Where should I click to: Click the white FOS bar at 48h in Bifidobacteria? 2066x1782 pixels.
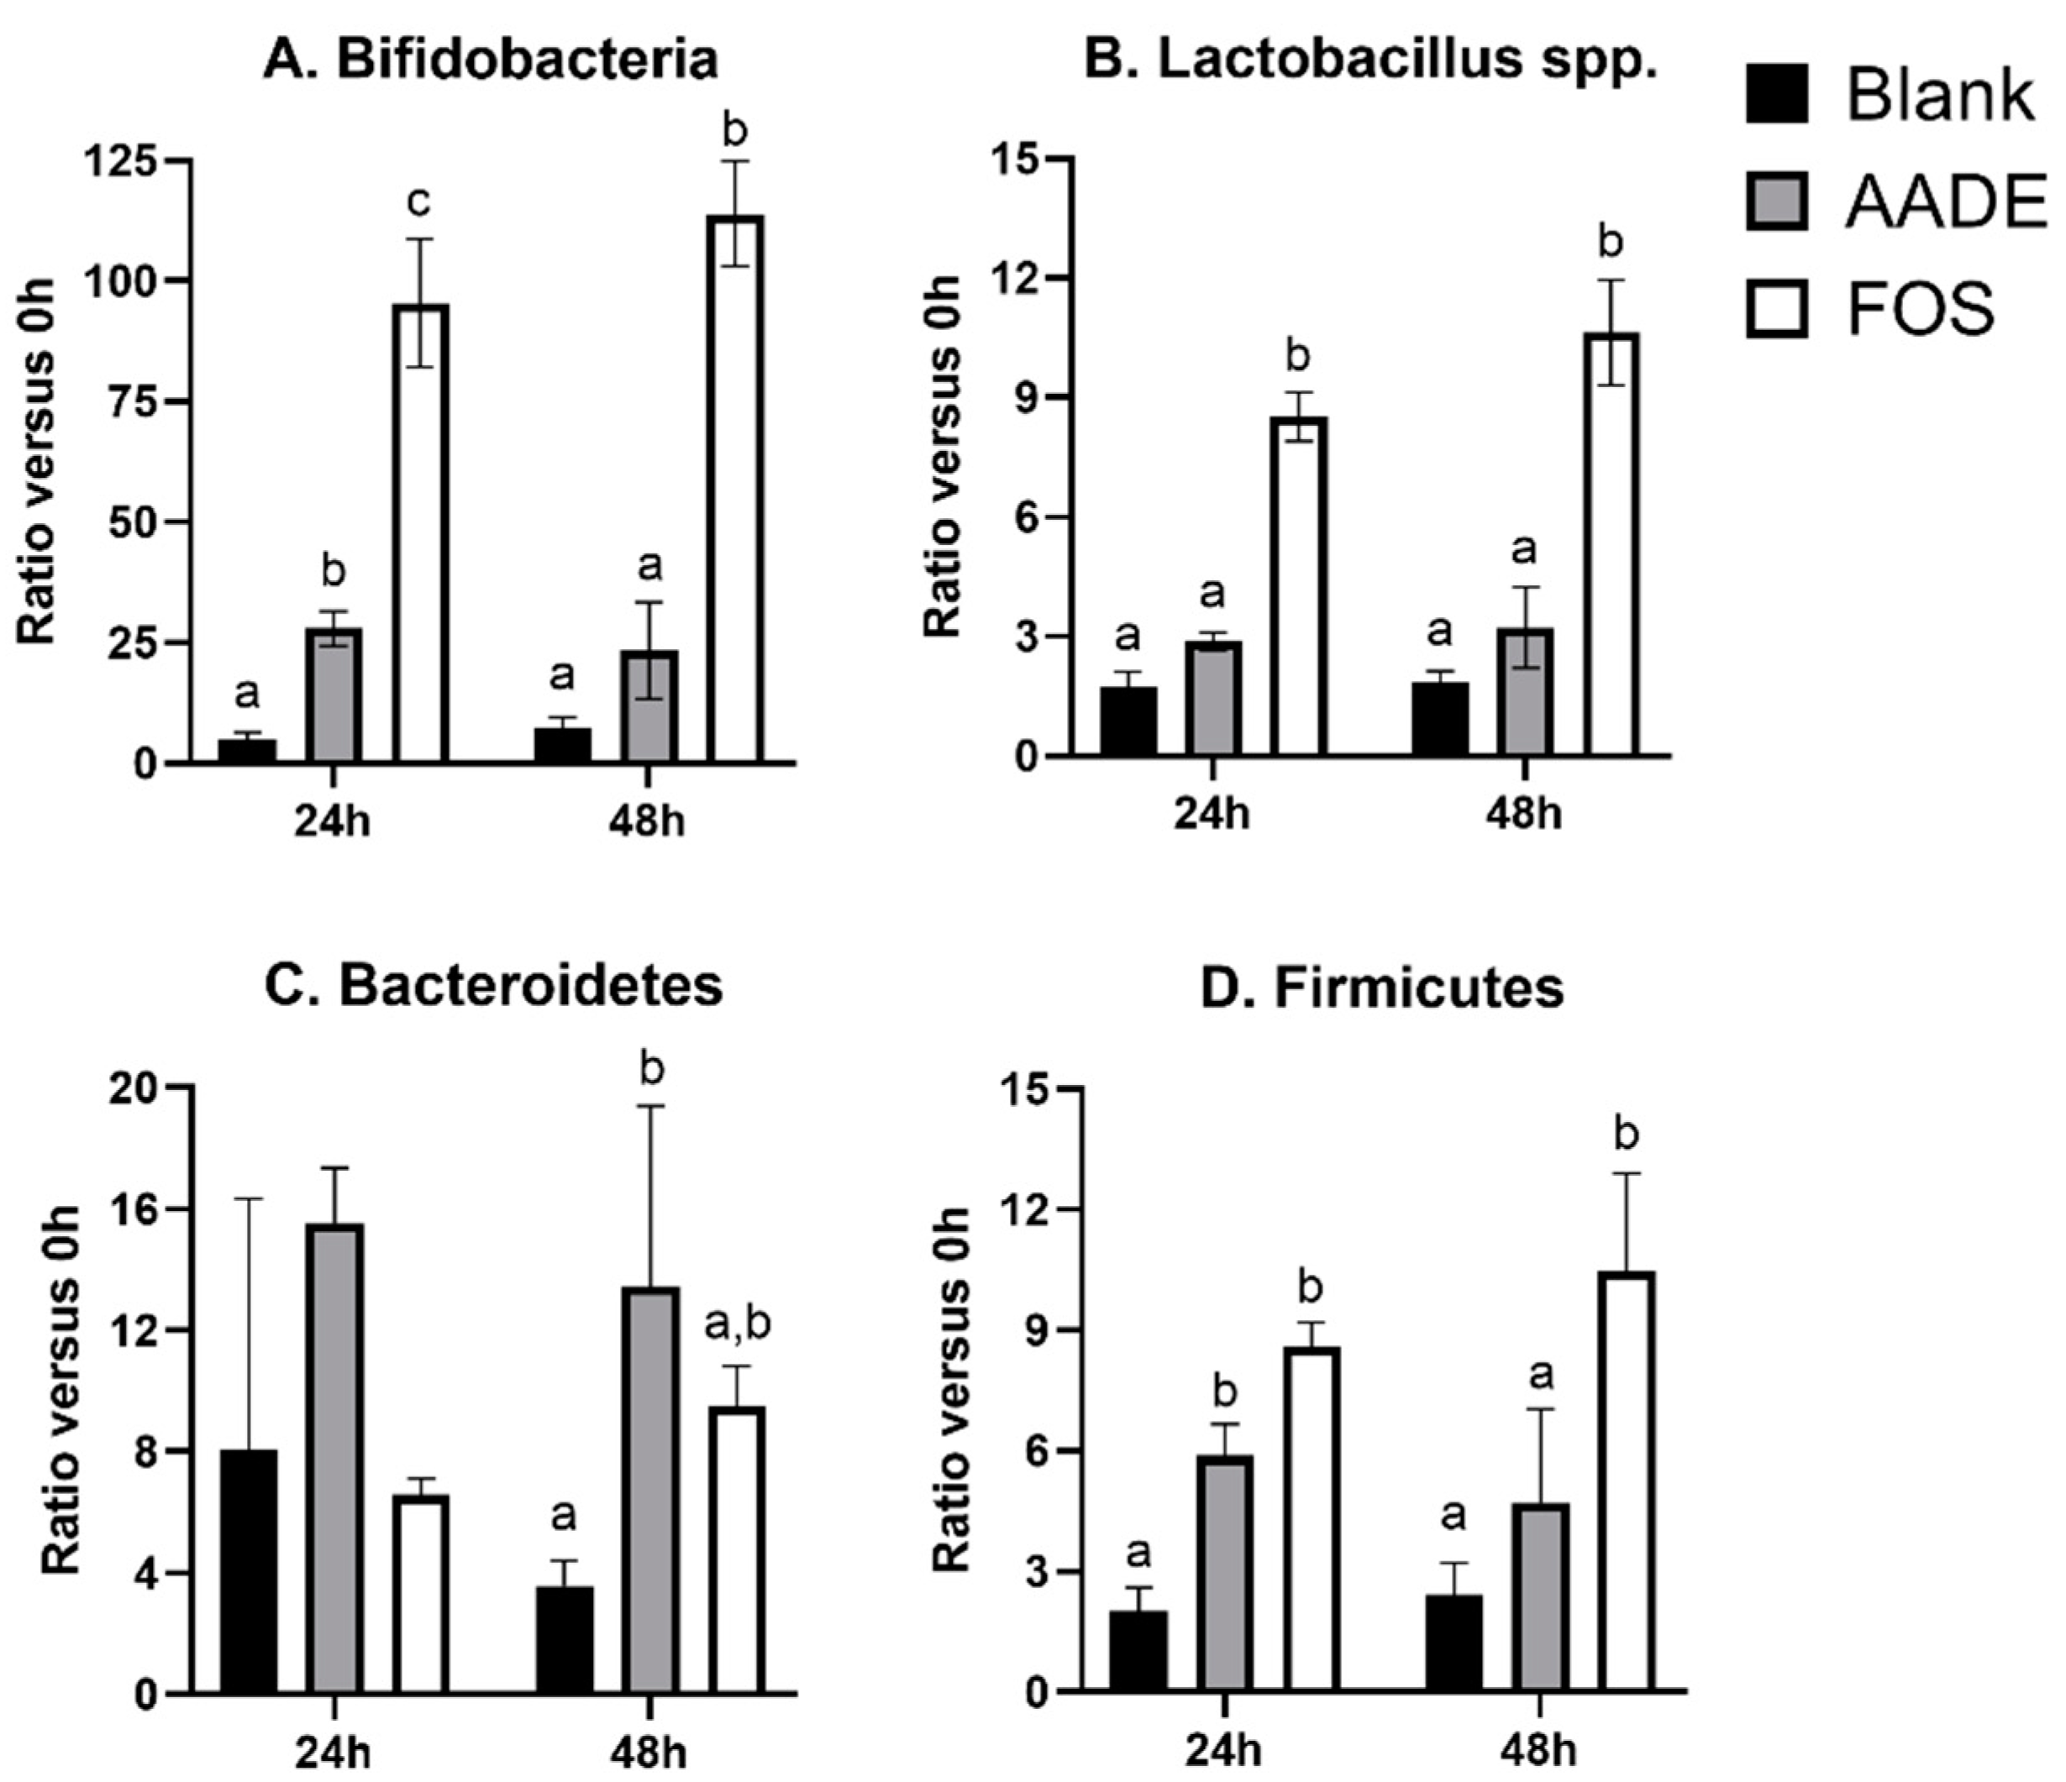tap(736, 489)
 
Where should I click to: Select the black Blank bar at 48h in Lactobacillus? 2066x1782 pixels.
tap(1440, 719)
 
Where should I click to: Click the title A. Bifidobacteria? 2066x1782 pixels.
tap(491, 60)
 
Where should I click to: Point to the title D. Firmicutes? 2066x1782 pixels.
tap(1382, 987)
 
